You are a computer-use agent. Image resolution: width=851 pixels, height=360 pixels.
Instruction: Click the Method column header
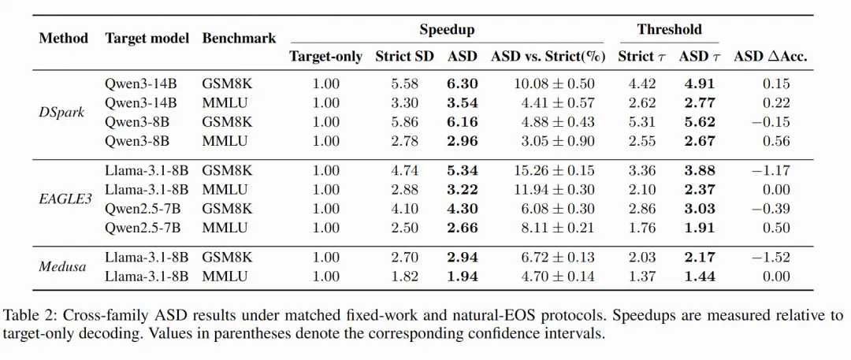[64, 39]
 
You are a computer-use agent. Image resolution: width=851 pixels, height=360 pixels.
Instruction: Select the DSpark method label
[62, 113]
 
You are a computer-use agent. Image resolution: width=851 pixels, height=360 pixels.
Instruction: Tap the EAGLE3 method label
[65, 199]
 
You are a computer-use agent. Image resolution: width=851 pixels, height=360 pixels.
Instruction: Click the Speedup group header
[447, 30]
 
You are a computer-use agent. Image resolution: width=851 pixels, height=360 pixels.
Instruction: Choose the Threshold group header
[669, 29]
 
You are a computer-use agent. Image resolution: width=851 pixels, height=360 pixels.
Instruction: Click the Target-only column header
[325, 57]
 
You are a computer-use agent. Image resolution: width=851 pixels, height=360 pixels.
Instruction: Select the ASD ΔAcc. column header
[770, 57]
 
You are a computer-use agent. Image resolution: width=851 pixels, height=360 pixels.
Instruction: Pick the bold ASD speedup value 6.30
[463, 84]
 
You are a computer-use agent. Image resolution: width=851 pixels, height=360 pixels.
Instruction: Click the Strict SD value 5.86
[404, 122]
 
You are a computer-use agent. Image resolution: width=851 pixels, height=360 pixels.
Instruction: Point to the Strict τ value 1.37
[642, 276]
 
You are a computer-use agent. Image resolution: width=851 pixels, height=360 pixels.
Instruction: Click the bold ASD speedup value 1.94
[463, 276]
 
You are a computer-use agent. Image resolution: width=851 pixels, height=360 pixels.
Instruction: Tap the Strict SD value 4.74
[404, 170]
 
